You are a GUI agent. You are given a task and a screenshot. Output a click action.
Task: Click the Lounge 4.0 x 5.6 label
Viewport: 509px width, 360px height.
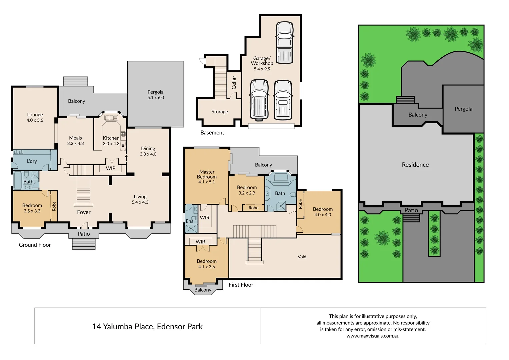point(35,117)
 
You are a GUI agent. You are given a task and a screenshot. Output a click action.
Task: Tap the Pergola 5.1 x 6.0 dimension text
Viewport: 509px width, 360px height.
point(156,97)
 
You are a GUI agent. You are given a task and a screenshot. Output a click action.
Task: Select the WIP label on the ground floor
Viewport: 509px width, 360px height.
point(111,168)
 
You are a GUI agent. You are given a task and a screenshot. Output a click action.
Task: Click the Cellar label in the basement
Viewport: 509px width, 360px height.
point(234,82)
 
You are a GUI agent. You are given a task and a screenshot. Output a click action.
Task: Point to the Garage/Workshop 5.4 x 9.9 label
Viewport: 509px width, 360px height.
point(262,63)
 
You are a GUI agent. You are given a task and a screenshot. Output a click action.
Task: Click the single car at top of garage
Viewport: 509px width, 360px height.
point(285,42)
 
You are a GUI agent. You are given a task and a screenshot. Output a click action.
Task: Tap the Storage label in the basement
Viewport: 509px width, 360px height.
point(220,112)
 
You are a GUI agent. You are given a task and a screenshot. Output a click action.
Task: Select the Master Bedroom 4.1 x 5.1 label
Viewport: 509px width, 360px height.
point(207,177)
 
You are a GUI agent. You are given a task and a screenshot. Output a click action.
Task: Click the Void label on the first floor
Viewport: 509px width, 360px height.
point(302,257)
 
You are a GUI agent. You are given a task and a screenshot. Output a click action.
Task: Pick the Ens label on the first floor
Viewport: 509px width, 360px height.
point(189,221)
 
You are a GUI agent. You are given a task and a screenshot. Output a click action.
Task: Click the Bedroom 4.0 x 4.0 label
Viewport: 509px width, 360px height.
point(323,212)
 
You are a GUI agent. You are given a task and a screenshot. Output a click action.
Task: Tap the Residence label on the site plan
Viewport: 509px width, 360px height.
point(415,165)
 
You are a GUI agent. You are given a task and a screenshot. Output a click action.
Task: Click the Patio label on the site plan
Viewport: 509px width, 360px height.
point(411,210)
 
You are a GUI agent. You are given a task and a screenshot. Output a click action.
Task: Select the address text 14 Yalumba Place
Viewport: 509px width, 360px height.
point(147,326)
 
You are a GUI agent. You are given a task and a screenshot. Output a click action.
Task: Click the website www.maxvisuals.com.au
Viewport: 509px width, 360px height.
point(373,336)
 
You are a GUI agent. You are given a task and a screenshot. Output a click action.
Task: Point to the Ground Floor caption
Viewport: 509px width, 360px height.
point(35,245)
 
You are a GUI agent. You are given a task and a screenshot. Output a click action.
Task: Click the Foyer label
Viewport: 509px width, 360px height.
point(84,212)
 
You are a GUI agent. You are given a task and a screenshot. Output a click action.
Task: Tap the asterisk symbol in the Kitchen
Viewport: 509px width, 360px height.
point(123,146)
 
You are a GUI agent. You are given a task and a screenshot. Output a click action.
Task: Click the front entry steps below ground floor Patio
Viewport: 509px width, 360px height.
point(84,244)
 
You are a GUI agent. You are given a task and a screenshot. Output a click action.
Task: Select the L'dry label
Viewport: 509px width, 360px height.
point(32,161)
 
